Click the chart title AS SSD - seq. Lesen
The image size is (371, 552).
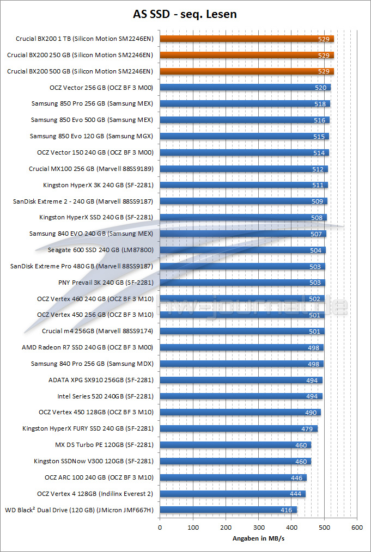coord(185,14)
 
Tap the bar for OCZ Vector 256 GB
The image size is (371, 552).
coord(245,87)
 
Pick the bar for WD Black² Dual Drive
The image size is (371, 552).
coord(228,510)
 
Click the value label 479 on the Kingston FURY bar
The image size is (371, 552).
coord(307,429)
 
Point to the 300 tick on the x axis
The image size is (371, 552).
coord(258,528)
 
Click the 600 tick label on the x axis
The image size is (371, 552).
coord(357,528)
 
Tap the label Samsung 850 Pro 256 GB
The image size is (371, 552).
coord(92,103)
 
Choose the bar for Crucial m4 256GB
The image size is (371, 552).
coord(242,331)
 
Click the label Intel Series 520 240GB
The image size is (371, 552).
coord(105,396)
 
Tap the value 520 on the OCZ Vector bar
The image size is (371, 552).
coord(321,88)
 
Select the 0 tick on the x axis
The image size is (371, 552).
coord(160,528)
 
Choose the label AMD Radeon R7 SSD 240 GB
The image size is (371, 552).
coord(87,347)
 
